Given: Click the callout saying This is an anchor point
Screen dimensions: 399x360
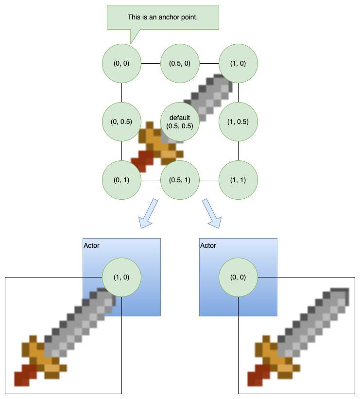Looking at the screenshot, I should click(163, 17).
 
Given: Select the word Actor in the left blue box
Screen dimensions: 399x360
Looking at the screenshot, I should click(91, 245).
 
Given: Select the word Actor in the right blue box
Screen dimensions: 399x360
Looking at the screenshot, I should click(208, 245).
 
